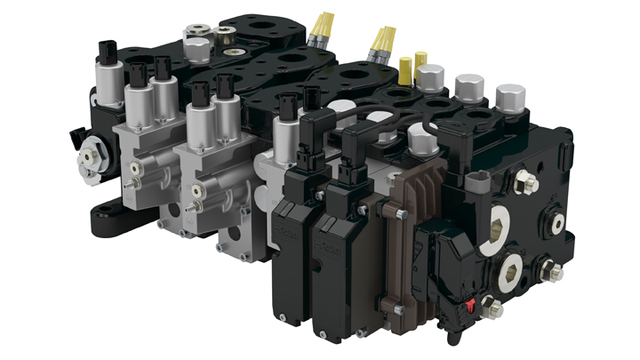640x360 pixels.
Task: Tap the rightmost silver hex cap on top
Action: tap(509, 95)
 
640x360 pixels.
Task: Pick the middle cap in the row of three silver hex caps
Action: tap(468, 87)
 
